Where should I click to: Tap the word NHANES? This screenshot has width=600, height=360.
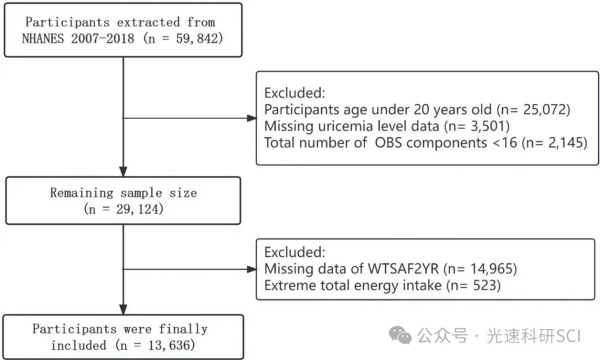click(43, 39)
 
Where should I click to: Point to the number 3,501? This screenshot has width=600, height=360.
click(487, 126)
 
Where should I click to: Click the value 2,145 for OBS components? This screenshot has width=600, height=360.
click(564, 143)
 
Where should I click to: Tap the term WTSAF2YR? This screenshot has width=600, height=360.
click(403, 269)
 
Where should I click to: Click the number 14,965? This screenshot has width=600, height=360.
click(490, 269)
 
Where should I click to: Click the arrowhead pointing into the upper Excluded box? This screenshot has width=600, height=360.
click(252, 118)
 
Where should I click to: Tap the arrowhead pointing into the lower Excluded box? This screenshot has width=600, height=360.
click(252, 269)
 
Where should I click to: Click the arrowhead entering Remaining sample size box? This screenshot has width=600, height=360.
click(123, 171)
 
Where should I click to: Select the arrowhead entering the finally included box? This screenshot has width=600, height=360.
click(123, 310)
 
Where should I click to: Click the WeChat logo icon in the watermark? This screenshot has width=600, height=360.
click(400, 335)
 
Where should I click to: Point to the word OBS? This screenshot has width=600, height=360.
click(388, 143)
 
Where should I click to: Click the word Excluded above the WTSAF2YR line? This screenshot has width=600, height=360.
click(295, 252)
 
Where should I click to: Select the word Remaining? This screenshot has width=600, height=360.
click(81, 193)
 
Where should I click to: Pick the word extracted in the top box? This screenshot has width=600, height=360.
click(148, 22)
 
